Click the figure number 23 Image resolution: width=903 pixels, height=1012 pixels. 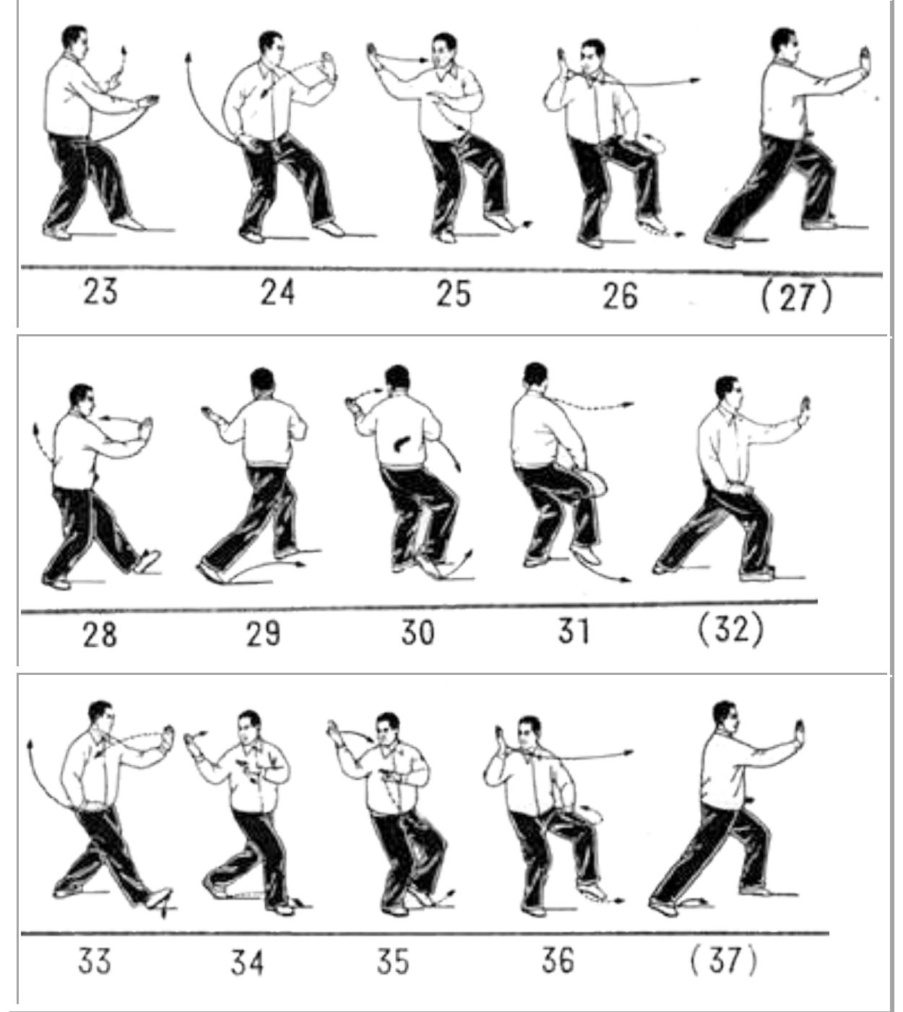pyautogui.click(x=100, y=292)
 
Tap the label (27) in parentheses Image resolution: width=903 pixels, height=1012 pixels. pyautogui.click(x=797, y=297)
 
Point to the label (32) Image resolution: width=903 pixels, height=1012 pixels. pyautogui.click(x=731, y=630)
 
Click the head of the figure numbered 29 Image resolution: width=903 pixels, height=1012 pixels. pyautogui.click(x=263, y=383)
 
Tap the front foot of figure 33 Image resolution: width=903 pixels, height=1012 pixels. pyautogui.click(x=159, y=898)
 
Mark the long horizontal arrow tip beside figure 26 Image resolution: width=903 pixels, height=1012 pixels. pyautogui.click(x=697, y=80)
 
